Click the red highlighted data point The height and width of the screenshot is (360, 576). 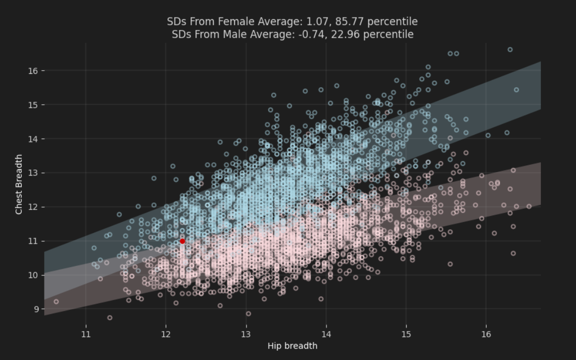tap(182, 241)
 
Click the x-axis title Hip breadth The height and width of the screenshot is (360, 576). tap(292, 346)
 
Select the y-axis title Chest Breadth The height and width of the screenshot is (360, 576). tap(19, 184)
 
